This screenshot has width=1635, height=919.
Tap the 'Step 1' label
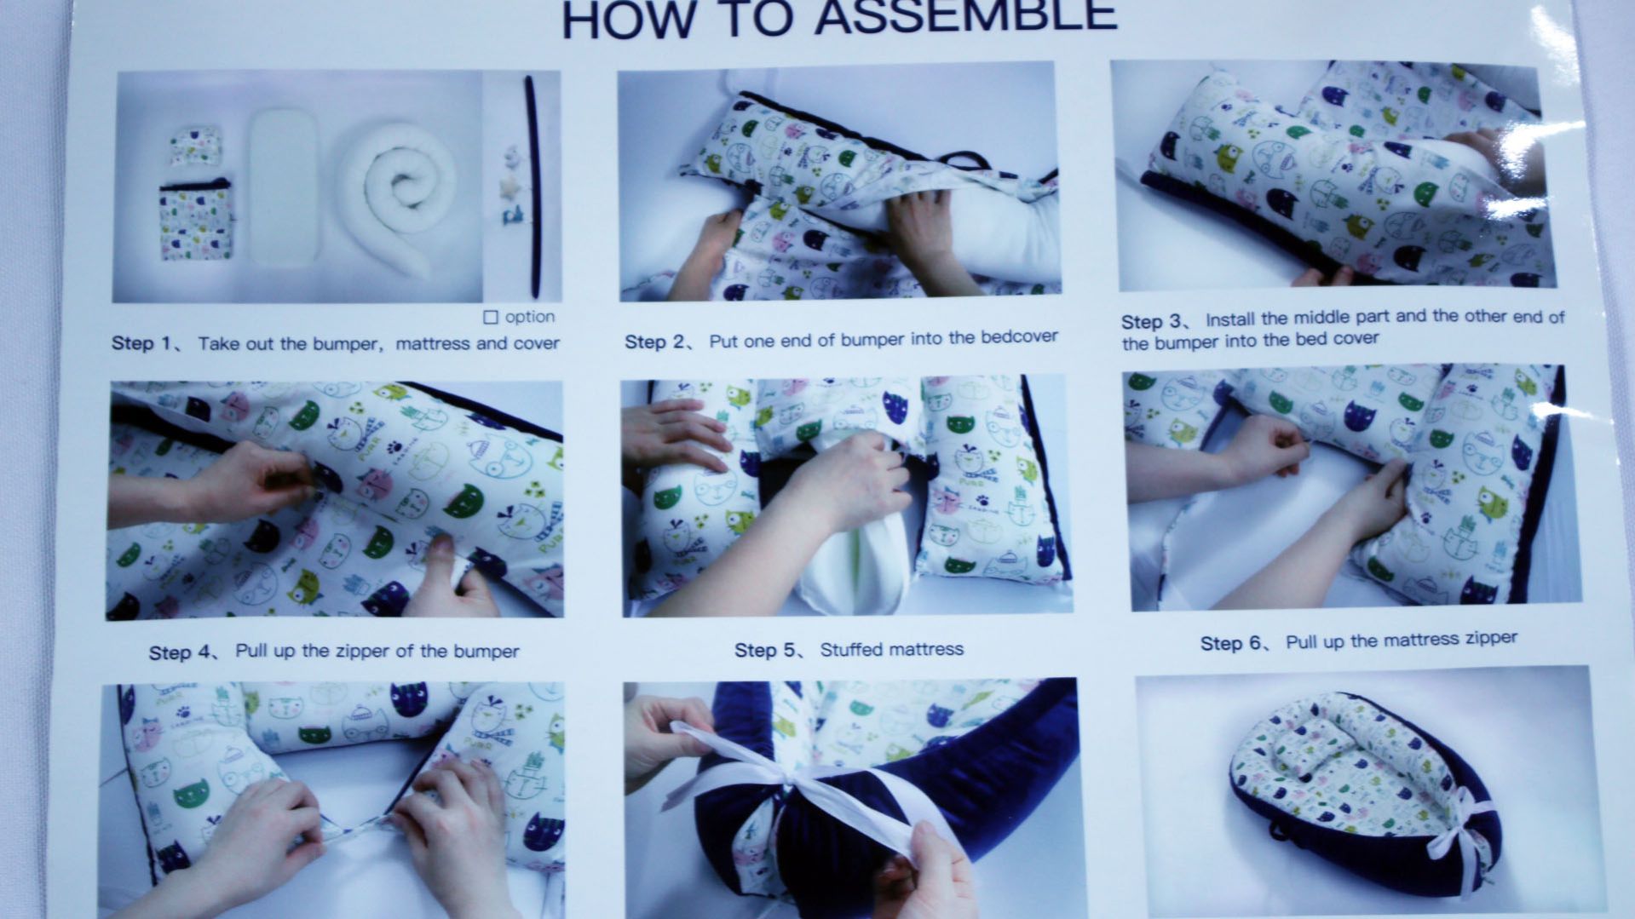click(141, 343)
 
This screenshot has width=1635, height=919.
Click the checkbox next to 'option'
click(491, 318)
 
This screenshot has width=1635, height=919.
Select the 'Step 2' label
click(655, 342)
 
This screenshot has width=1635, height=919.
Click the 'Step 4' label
click(180, 652)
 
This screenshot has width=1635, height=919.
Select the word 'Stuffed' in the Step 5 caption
click(850, 650)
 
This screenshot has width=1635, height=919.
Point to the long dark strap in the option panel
click(533, 184)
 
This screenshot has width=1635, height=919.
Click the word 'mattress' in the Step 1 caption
click(433, 344)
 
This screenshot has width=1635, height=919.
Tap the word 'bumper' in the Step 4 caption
click(486, 652)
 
